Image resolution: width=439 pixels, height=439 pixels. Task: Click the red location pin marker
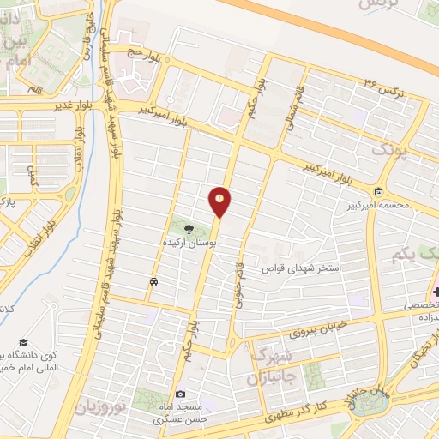point(219,201)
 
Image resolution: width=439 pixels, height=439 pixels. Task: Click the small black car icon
point(153,281)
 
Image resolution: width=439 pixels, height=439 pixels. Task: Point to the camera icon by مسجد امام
point(180,394)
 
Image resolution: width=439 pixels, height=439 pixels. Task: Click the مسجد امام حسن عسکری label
point(180,414)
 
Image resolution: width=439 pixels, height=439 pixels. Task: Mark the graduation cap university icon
point(19,340)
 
